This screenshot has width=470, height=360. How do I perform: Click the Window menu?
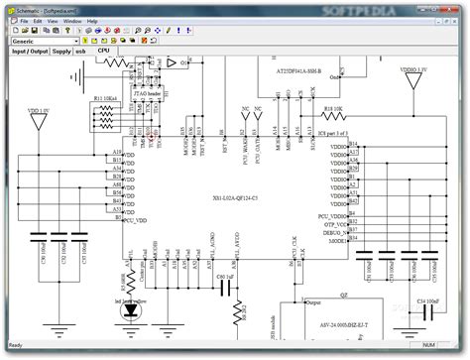tap(71, 20)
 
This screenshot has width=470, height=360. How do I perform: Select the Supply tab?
tap(60, 51)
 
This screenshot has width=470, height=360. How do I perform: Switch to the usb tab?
tap(82, 51)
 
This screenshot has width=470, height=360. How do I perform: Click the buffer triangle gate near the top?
tap(172, 62)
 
